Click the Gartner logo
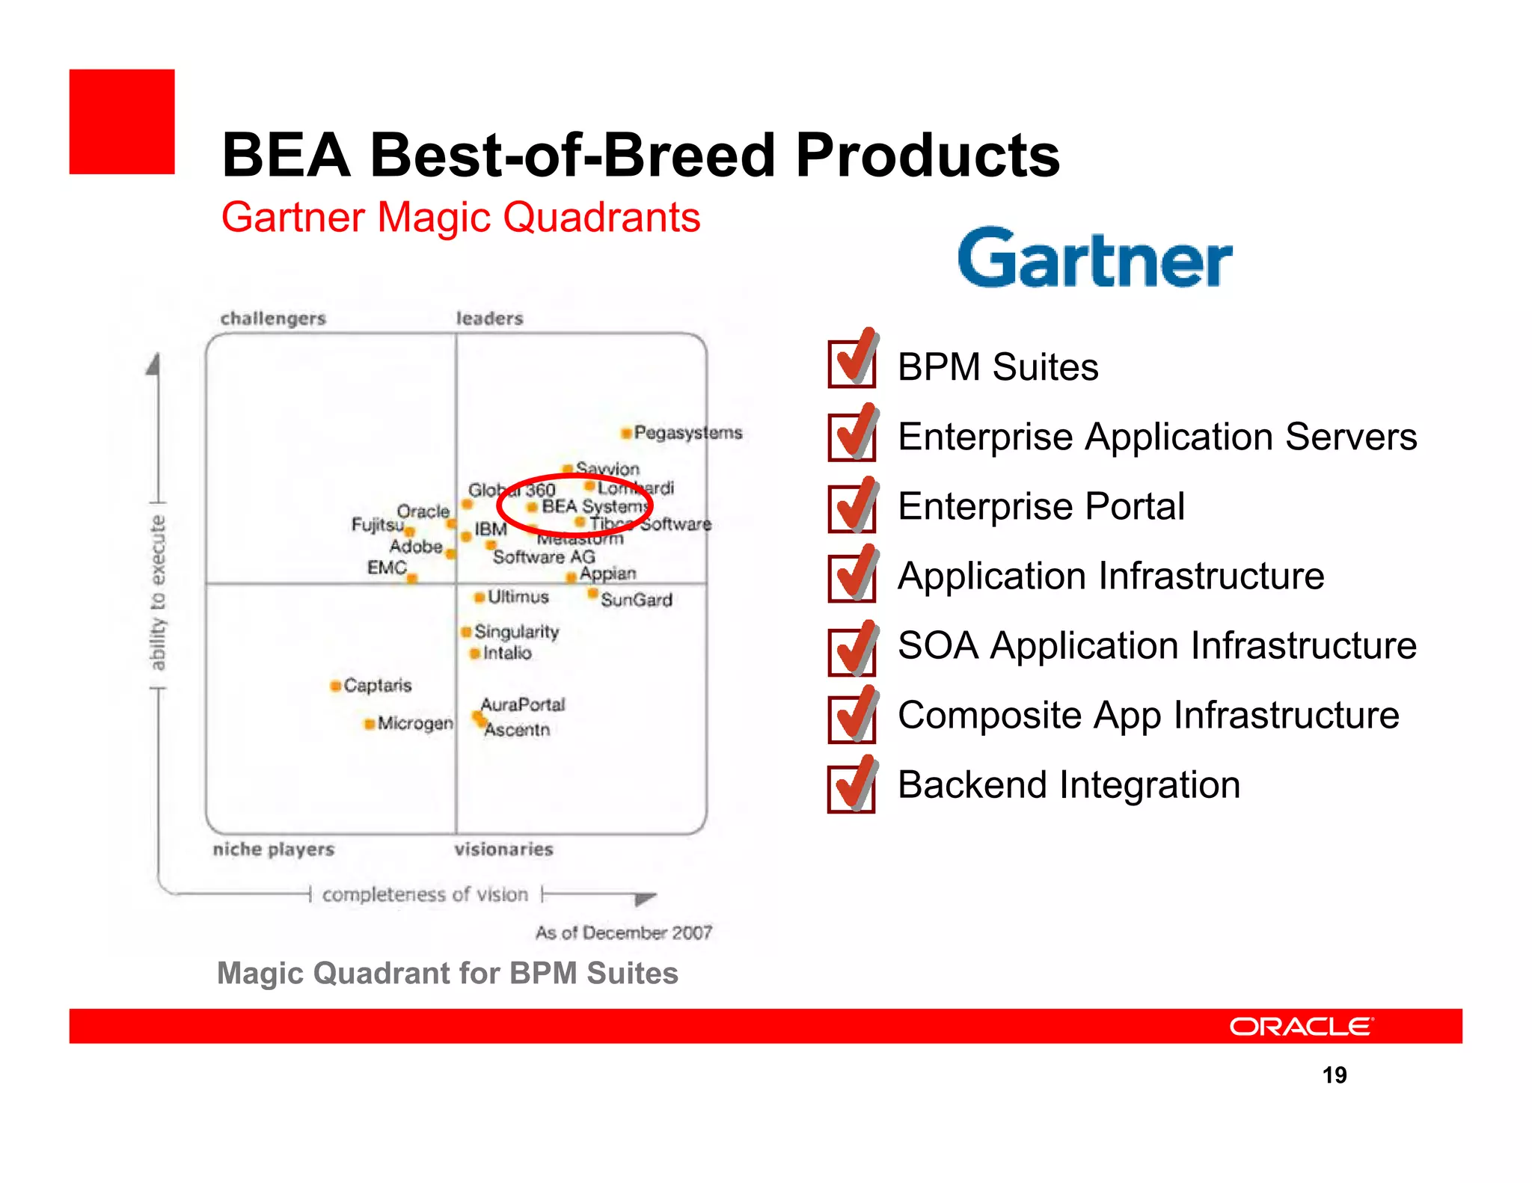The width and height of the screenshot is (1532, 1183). [x=1094, y=258]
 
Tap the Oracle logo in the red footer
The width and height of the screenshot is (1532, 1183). [x=1301, y=1026]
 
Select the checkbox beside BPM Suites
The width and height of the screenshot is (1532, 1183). [x=852, y=364]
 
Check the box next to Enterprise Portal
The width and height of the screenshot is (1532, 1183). [x=852, y=508]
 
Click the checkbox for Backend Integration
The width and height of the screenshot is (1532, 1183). [x=852, y=788]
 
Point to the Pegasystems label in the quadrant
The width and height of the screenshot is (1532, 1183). [x=687, y=432]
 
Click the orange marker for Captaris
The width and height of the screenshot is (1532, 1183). [x=336, y=686]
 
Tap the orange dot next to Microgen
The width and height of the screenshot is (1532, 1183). [x=369, y=724]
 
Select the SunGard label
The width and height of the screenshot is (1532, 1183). [x=637, y=600]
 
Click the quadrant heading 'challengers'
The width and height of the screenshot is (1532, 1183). [x=273, y=319]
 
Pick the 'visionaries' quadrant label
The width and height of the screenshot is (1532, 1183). [x=503, y=849]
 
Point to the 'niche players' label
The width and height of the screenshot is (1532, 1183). [x=273, y=849]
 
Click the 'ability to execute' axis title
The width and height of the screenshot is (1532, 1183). [x=157, y=592]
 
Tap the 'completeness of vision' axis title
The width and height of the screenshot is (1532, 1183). [x=425, y=894]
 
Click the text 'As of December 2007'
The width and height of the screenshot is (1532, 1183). [x=623, y=932]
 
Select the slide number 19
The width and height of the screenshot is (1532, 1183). [x=1334, y=1075]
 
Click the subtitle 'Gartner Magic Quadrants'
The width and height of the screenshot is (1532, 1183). [x=461, y=218]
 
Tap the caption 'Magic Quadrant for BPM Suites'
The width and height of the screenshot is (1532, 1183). [x=447, y=973]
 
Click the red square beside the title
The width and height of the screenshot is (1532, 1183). [x=122, y=122]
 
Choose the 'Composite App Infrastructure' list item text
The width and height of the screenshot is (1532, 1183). [x=1148, y=715]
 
